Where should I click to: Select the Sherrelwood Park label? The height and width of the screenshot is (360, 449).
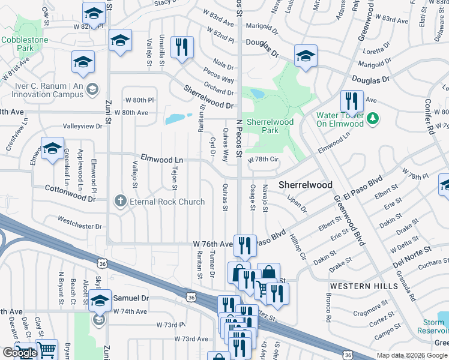coord(270,125)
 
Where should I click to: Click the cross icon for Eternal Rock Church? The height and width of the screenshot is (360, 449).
coord(121,202)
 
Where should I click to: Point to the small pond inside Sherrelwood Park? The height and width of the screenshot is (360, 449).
coord(257,94)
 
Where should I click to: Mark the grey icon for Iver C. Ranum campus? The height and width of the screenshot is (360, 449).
coord(92,90)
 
